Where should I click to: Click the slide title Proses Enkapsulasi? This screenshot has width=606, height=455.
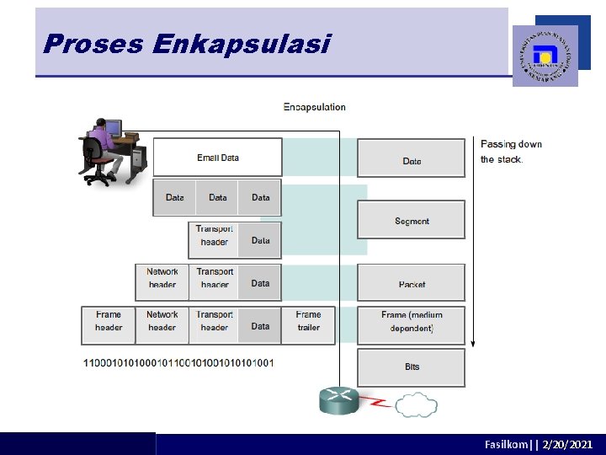click(x=186, y=44)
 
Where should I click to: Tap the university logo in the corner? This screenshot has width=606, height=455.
click(x=545, y=56)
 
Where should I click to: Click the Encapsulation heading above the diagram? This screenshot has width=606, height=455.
click(x=314, y=107)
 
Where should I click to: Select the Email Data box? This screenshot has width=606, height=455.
click(x=217, y=158)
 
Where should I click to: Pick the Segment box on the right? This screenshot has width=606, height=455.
click(x=412, y=221)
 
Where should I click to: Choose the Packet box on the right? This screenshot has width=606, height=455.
click(x=412, y=284)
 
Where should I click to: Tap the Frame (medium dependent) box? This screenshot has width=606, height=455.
click(x=412, y=321)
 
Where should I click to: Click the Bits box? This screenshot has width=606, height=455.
click(x=412, y=367)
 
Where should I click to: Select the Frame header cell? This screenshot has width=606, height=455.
click(x=109, y=321)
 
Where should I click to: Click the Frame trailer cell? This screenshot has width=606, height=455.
click(x=308, y=321)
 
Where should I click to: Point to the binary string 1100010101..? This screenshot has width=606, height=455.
click(x=178, y=362)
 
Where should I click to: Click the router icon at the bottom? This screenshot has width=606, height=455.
click(x=339, y=399)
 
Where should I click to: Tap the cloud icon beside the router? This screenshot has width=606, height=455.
click(x=416, y=404)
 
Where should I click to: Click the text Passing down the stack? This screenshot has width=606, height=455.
click(x=511, y=151)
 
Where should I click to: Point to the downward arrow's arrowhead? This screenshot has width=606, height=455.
click(x=473, y=343)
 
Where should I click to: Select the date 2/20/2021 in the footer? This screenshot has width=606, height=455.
click(x=568, y=444)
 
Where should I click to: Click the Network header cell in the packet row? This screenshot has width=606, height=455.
click(x=162, y=278)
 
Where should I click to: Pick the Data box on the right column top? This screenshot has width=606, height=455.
click(x=412, y=160)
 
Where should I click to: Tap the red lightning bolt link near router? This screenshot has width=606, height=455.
click(x=379, y=404)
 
